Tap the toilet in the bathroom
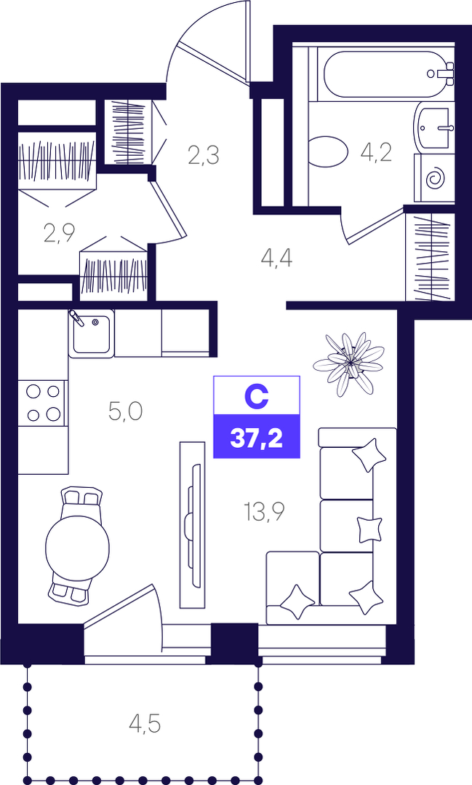(328, 151)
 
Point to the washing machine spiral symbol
(434, 178)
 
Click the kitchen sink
(92, 333)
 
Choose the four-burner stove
(42, 402)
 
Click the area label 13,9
(264, 512)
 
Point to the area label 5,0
(126, 411)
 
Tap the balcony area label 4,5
(144, 724)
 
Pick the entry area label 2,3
(204, 154)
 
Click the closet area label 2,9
(59, 233)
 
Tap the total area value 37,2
(257, 439)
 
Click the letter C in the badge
(257, 396)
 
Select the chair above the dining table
(81, 497)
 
